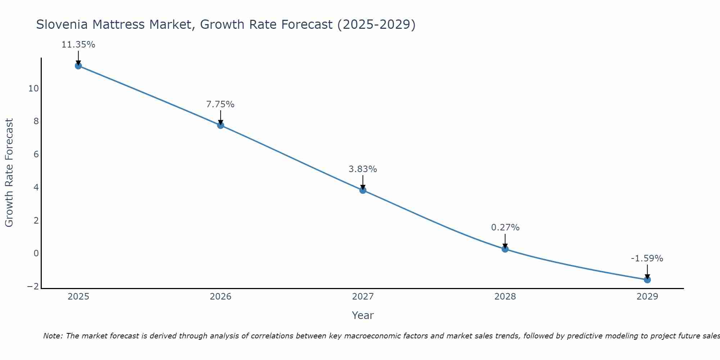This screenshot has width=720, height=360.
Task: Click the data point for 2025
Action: tap(78, 66)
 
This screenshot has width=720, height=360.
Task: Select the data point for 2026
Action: tap(221, 125)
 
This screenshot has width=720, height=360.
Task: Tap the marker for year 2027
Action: tap(363, 190)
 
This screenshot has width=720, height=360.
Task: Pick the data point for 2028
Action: tap(505, 249)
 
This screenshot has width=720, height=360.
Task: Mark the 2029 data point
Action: tap(647, 280)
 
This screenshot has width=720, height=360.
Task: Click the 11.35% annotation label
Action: tap(78, 45)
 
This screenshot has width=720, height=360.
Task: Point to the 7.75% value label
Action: tap(220, 104)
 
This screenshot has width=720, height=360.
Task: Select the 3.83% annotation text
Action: tap(363, 169)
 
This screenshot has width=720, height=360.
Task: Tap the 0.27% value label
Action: tap(505, 228)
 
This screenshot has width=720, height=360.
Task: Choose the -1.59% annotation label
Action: tap(647, 258)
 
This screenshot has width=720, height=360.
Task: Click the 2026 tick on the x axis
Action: tap(221, 297)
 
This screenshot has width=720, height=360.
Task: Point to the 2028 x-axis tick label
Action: tap(505, 297)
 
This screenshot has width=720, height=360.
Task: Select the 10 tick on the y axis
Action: tap(33, 89)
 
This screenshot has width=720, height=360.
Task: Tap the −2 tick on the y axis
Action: tap(33, 287)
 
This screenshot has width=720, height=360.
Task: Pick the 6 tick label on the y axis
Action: tap(36, 154)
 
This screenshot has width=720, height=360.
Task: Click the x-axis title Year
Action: tap(363, 315)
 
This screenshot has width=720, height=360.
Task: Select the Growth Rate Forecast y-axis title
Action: tap(9, 173)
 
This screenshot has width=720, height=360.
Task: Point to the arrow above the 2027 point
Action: tap(363, 181)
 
